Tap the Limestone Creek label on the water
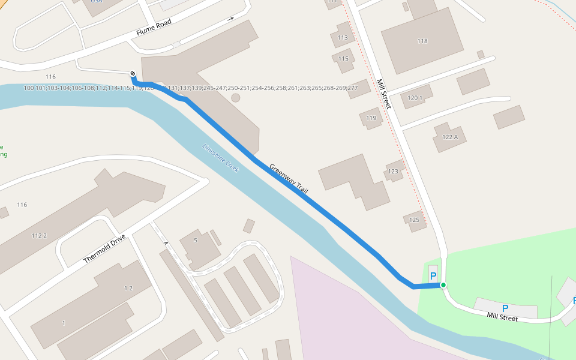[x=221, y=158]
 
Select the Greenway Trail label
[x=289, y=179]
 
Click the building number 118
[x=422, y=41]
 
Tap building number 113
[x=343, y=37]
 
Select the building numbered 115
[x=343, y=58]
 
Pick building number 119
[x=371, y=118]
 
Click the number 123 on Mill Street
[x=393, y=172]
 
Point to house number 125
[x=414, y=220]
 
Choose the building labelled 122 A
[x=450, y=137]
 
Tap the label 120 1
[x=415, y=97]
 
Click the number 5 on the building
[x=196, y=241]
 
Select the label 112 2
[x=39, y=235]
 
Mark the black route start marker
[x=133, y=74]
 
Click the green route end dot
[x=443, y=285]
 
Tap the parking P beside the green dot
[x=433, y=276]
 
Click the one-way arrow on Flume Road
[x=230, y=19]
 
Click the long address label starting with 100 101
[x=191, y=88]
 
